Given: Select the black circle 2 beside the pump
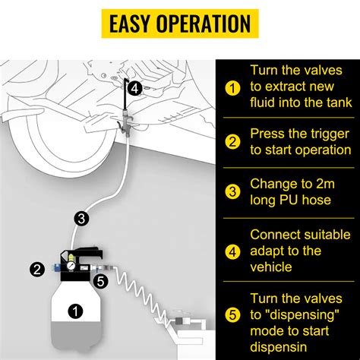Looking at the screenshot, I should (x=36, y=267).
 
